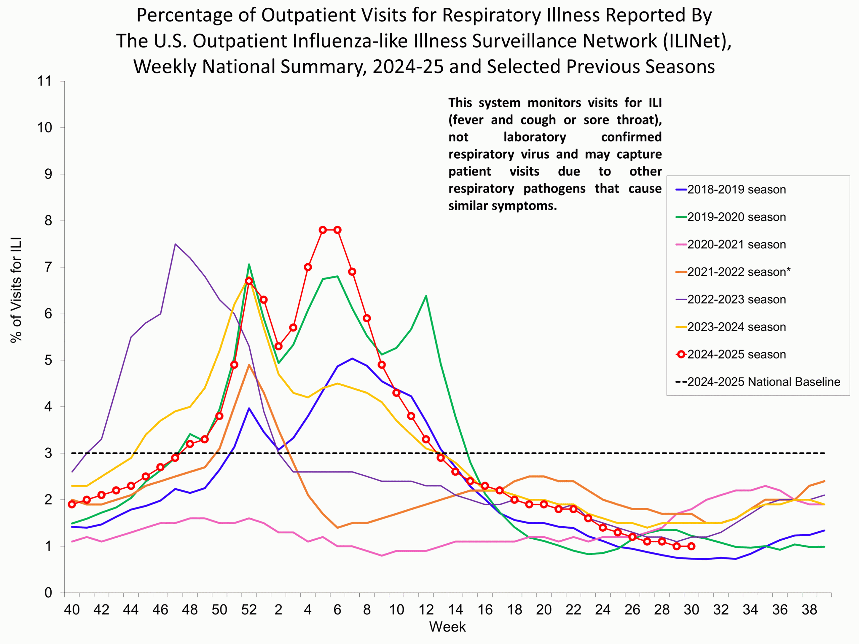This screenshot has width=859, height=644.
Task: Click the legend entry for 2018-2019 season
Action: pyautogui.click(x=736, y=190)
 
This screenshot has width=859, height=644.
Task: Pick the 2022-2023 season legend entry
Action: pyautogui.click(x=736, y=299)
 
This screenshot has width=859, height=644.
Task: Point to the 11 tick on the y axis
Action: pyautogui.click(x=44, y=81)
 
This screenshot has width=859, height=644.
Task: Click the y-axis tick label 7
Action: pyautogui.click(x=48, y=267)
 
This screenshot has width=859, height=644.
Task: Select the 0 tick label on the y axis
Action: pyautogui.click(x=48, y=593)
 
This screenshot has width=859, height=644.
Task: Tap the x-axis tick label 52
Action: pyautogui.click(x=249, y=610)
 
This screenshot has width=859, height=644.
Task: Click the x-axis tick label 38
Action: pyautogui.click(x=809, y=610)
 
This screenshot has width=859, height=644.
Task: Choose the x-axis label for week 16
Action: pyautogui.click(x=485, y=610)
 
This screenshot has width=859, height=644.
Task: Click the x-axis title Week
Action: pyautogui.click(x=447, y=627)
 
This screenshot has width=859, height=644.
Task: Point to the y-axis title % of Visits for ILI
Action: pyautogui.click(x=16, y=290)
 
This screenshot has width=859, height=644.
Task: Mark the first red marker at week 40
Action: pyautogui.click(x=72, y=504)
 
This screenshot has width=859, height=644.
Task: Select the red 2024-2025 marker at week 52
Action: pyautogui.click(x=249, y=281)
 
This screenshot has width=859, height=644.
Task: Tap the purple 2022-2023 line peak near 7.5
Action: pyautogui.click(x=175, y=244)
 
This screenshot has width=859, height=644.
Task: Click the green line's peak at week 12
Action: pyautogui.click(x=426, y=296)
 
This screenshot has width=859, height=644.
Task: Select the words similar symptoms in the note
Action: pyautogui.click(x=503, y=206)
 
